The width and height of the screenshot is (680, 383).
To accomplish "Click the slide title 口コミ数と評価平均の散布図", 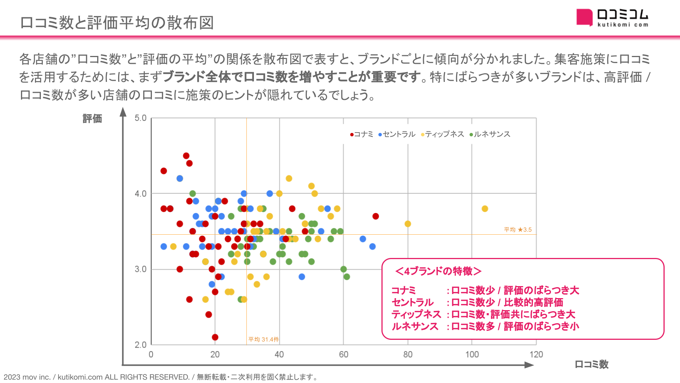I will (117, 23).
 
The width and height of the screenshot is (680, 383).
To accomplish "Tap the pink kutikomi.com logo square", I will (584, 17).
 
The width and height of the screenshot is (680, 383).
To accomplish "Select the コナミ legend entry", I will (362, 134).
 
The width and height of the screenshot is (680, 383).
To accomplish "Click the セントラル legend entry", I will (397, 134).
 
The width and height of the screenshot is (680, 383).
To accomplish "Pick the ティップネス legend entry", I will (443, 134).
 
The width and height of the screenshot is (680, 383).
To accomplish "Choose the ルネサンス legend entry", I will (490, 134).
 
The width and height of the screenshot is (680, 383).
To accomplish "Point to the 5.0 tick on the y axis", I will (141, 118).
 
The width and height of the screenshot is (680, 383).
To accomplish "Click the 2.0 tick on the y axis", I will (141, 345).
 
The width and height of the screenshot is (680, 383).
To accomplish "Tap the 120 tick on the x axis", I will (536, 354).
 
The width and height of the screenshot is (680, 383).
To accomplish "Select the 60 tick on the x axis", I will (344, 354).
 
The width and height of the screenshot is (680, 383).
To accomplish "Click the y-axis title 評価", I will (92, 119).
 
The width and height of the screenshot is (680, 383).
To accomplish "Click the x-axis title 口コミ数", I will (591, 364).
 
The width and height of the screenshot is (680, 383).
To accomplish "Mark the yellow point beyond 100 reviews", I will (485, 209).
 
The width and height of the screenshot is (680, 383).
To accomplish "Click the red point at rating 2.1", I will (215, 337).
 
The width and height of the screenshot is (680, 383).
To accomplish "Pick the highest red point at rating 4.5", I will (186, 156).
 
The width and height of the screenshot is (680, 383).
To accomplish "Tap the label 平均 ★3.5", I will (518, 229).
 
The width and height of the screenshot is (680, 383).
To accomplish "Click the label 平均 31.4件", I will (264, 339).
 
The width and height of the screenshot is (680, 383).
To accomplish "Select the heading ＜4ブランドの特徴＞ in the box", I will (438, 271).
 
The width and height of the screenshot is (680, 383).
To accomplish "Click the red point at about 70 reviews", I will (375, 216).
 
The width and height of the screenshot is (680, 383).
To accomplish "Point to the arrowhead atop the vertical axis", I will (123, 112).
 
